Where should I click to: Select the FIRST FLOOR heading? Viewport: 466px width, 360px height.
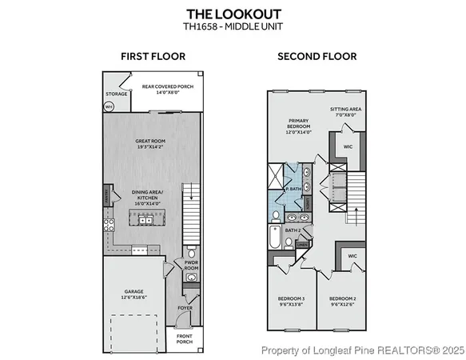point(153,56)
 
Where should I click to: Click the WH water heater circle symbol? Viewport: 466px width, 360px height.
point(109,106)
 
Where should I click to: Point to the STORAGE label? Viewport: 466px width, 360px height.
point(117,94)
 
